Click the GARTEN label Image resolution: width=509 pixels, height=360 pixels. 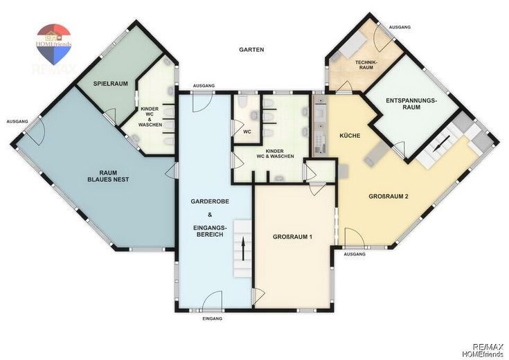(x=251, y=50)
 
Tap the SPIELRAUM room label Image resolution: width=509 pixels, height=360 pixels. (x=110, y=84)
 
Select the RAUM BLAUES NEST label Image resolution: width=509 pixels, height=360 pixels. (x=108, y=176)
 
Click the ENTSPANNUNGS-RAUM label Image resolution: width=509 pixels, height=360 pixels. (x=411, y=104)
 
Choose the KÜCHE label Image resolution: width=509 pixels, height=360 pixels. (x=350, y=136)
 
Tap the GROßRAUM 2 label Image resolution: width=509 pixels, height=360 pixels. (x=389, y=197)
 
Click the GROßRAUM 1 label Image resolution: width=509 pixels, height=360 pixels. (x=292, y=237)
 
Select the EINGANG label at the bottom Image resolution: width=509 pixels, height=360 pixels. (x=213, y=318)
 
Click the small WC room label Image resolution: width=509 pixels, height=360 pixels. (x=247, y=132)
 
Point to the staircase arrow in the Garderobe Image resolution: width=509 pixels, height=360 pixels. (x=243, y=249)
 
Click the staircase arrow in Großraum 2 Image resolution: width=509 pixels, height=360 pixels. (x=441, y=144)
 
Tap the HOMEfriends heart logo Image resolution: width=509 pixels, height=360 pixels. (x=53, y=44)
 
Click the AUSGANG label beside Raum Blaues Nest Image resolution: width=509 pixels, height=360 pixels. (x=17, y=121)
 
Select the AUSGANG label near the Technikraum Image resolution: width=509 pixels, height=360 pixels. (x=400, y=27)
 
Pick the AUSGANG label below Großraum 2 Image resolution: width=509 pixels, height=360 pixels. (x=355, y=254)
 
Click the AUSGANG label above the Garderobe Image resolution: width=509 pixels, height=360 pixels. (x=204, y=86)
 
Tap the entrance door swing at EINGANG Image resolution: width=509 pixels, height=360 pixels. (x=213, y=300)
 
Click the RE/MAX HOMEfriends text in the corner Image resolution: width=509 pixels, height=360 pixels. (x=488, y=350)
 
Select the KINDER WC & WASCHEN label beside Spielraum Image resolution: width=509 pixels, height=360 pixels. (x=150, y=117)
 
